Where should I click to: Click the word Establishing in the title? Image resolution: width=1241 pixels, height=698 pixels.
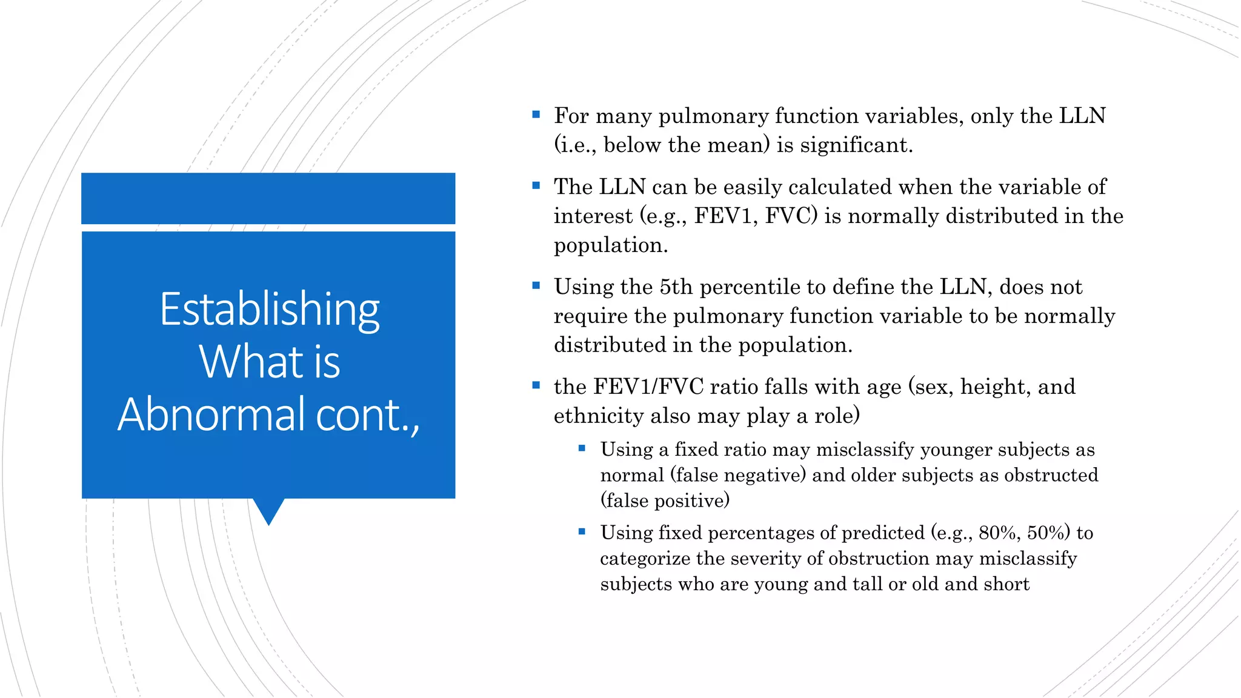[x=270, y=310]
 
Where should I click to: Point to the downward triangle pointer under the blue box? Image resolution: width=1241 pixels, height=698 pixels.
[x=268, y=511]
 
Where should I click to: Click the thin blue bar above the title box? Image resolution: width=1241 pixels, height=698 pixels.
[x=268, y=199]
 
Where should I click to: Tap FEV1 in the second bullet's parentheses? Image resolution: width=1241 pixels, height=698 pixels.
[x=726, y=216]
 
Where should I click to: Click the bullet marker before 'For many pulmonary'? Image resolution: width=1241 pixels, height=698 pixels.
[x=536, y=115]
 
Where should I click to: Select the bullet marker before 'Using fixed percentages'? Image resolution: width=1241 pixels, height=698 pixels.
[x=582, y=532]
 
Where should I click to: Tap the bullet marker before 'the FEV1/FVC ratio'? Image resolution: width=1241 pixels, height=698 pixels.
[x=536, y=385]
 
